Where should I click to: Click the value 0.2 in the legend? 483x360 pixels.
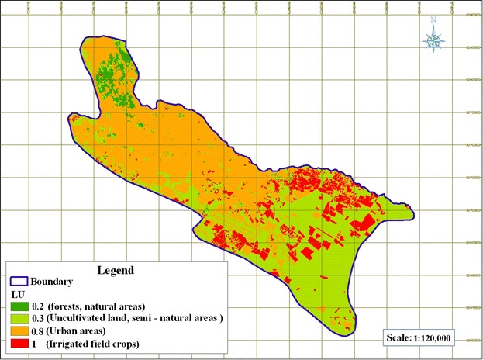(38, 306)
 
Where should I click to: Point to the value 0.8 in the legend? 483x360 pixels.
(38, 329)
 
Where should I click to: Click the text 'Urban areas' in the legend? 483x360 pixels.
(81, 329)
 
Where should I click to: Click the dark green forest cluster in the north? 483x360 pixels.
(112, 74)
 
